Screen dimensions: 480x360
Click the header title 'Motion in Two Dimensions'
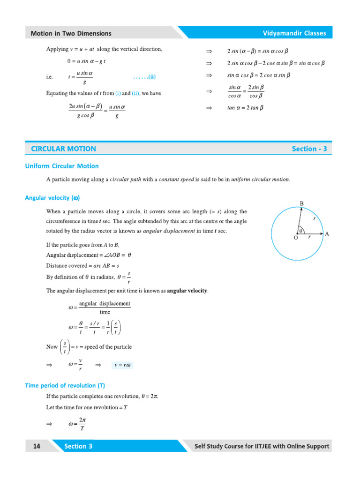click(71, 33)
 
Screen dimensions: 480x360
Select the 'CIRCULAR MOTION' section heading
click(63, 149)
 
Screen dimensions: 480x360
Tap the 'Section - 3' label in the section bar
click(309, 149)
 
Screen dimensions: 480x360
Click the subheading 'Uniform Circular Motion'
click(62, 166)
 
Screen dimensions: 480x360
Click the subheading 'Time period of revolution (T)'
click(65, 386)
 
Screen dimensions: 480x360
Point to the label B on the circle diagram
click(302, 203)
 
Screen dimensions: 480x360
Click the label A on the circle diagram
click(327, 234)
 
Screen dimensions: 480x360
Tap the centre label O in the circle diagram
click(295, 238)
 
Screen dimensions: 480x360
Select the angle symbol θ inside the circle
click(300, 230)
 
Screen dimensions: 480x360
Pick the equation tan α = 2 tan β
click(246, 108)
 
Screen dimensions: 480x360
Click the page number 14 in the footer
click(37, 446)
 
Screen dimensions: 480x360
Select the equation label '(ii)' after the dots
click(152, 77)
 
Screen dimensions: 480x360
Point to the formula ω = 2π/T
click(77, 424)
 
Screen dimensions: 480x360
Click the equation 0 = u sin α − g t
click(86, 61)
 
